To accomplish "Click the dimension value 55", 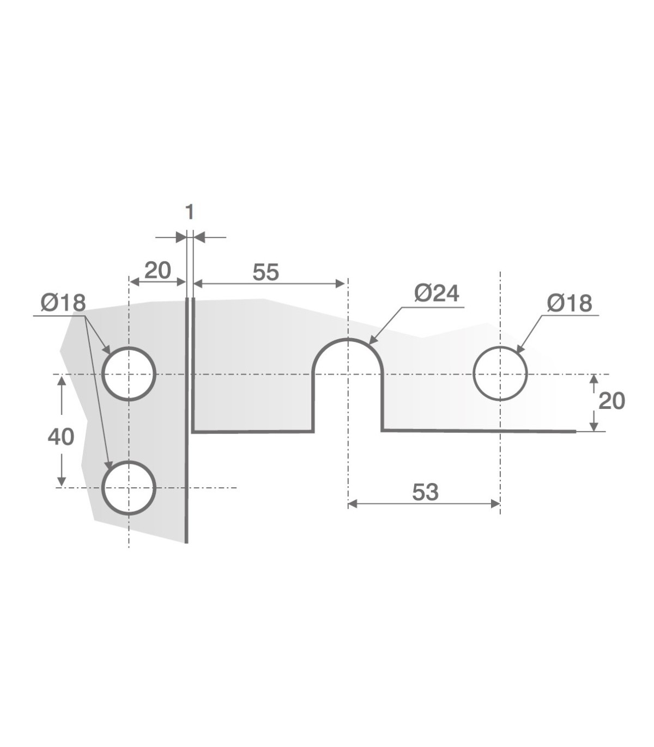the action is (265, 272).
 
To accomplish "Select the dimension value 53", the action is (425, 492).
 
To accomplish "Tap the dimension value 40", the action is (61, 437).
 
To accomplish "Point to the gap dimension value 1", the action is (190, 212).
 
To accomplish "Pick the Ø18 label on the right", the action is (570, 303).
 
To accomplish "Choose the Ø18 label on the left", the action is (63, 303).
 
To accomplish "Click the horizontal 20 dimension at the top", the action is (158, 271).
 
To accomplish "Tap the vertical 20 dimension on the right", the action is (611, 401).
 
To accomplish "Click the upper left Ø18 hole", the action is (102, 374).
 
